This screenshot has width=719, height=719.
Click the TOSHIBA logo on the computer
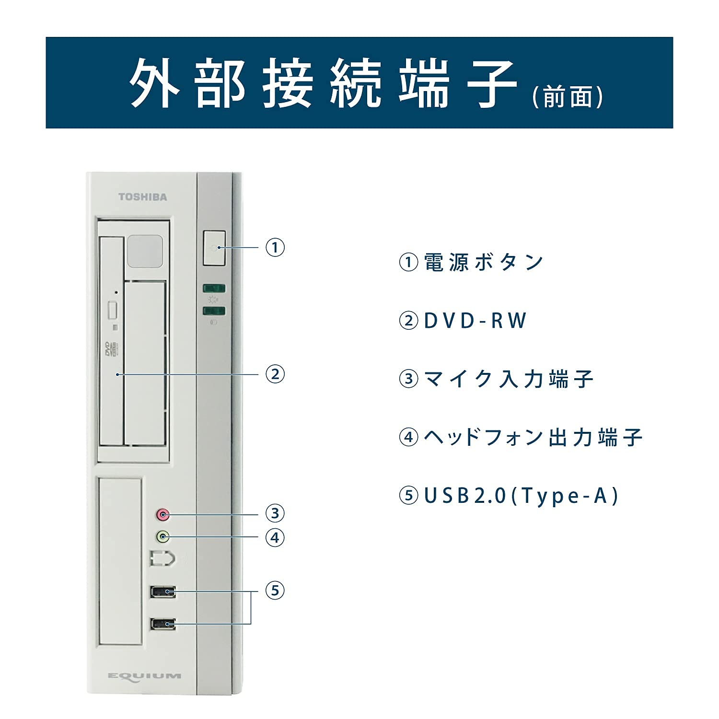point(143,197)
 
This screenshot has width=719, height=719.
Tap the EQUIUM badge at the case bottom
point(144,676)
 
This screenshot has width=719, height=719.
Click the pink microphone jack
point(163,515)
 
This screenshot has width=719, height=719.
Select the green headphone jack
point(163,536)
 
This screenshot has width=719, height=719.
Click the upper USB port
point(163,592)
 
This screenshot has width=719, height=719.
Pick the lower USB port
point(163,624)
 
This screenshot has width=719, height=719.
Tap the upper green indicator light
point(214,288)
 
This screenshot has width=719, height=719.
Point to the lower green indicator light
point(214,311)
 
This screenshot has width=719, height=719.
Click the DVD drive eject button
point(113,310)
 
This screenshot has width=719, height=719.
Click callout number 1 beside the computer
point(275,247)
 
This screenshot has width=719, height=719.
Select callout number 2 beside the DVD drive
point(275,373)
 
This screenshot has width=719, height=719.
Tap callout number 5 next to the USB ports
point(275,590)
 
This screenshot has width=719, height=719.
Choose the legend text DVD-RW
point(475,321)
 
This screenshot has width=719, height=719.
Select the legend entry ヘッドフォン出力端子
point(533,437)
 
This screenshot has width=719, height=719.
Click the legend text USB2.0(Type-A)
point(522,496)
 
